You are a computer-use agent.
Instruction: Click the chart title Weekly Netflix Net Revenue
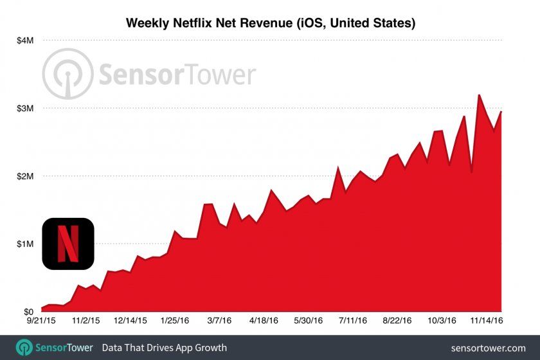[270, 23]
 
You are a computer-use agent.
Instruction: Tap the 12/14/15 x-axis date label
[131, 319]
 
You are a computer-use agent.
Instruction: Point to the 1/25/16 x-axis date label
[175, 319]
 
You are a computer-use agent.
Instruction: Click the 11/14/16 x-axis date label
[484, 319]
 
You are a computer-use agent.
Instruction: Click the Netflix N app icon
[68, 244]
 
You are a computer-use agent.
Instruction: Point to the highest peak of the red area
[479, 95]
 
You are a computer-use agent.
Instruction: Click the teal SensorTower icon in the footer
[24, 348]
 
